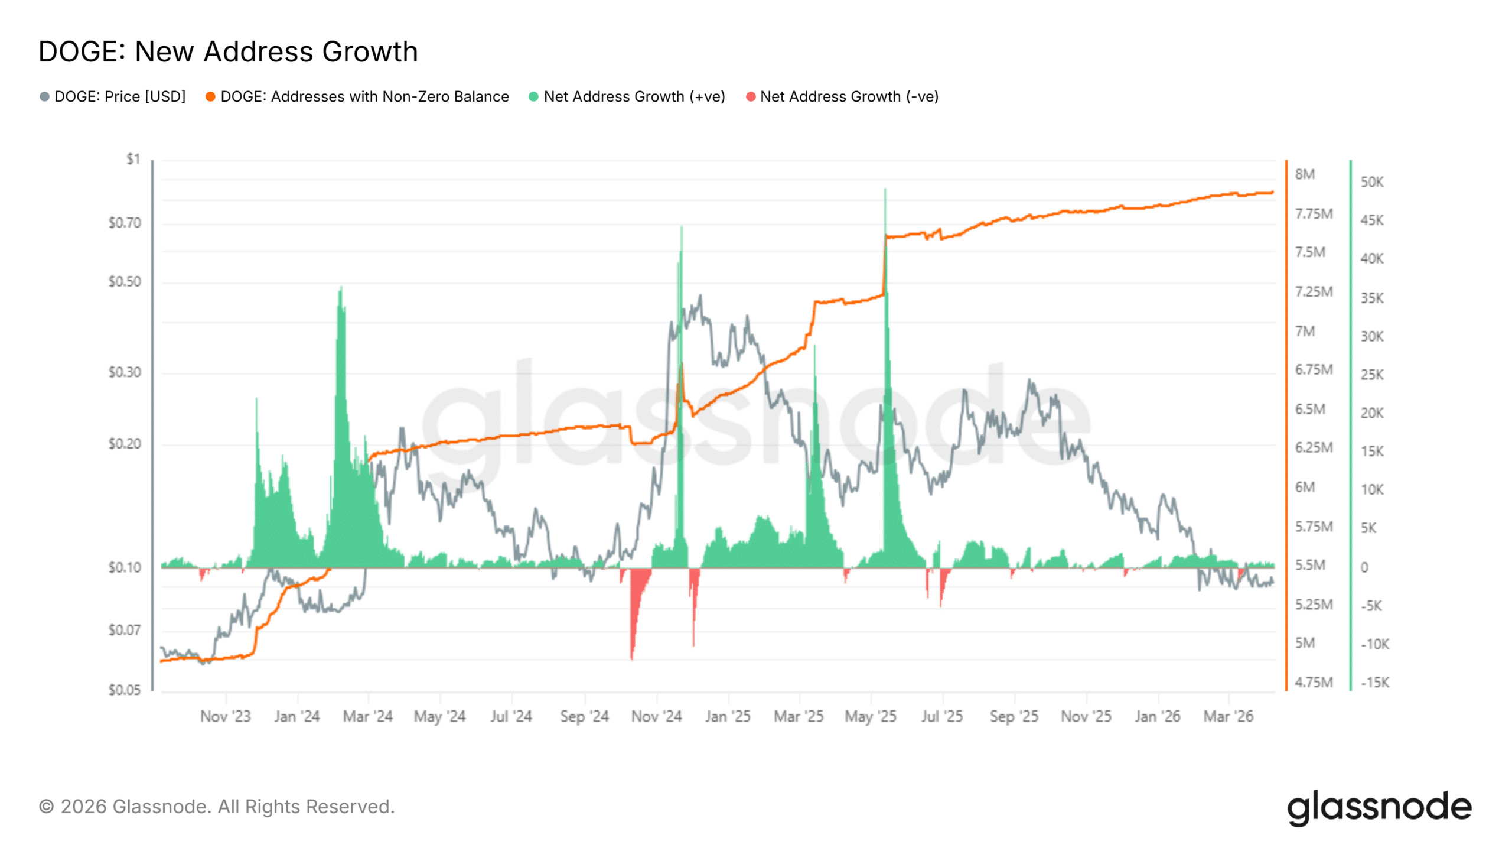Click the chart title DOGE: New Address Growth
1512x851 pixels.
tap(228, 52)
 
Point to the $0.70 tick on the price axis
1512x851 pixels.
tap(125, 223)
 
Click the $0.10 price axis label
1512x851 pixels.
tap(125, 567)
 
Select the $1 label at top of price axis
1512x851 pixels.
tap(133, 159)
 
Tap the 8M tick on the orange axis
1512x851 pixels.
tap(1305, 174)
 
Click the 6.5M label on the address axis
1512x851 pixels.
tap(1309, 409)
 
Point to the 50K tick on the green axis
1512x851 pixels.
tap(1371, 182)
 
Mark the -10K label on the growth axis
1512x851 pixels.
tap(1374, 644)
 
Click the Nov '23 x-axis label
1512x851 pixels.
tap(226, 716)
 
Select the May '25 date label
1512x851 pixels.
tap(870, 716)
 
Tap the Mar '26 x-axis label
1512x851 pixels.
tap(1228, 716)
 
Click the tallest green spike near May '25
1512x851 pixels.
tap(885, 190)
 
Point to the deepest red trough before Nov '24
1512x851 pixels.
tap(631, 657)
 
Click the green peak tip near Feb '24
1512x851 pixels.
tap(341, 288)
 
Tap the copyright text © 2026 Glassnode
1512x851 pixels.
tap(217, 807)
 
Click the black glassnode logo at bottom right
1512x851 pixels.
tap(1379, 807)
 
